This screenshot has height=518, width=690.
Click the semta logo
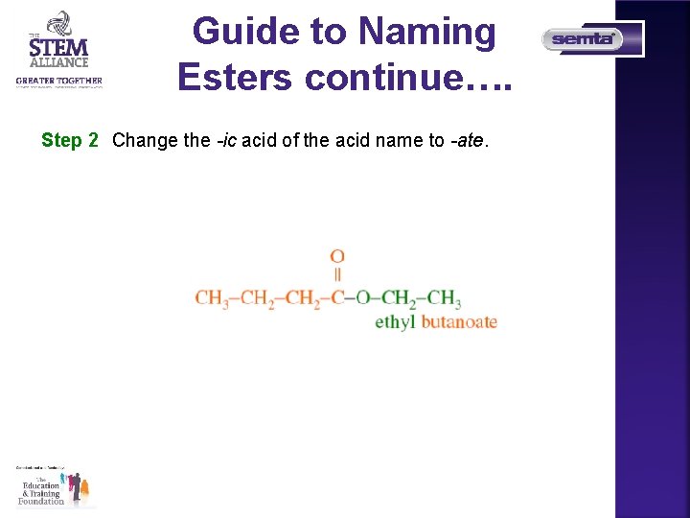[584, 39]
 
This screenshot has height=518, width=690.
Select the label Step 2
[70, 140]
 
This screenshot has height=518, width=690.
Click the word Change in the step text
[145, 140]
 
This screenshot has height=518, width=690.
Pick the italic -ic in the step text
[225, 140]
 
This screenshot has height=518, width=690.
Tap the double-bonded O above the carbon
[337, 256]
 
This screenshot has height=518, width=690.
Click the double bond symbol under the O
[337, 275]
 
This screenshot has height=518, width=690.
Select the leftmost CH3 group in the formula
[211, 298]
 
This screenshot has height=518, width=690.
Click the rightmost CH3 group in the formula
[445, 298]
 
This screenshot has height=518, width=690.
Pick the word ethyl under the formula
[395, 322]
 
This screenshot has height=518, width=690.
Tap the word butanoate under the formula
[459, 322]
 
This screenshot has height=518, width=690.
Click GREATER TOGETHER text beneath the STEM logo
[58, 81]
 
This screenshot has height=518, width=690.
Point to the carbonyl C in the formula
[337, 298]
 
